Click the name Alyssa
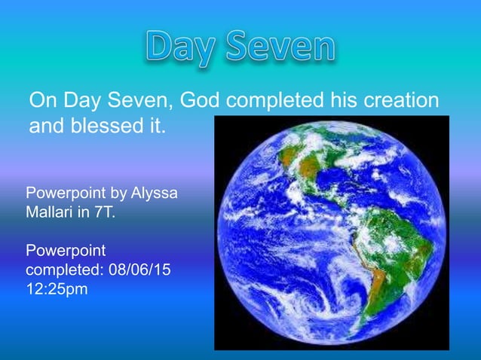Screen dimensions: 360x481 point(155,194)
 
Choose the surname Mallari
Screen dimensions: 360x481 point(51,213)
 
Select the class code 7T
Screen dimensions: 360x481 point(105,213)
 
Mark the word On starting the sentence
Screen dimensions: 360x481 point(41,100)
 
